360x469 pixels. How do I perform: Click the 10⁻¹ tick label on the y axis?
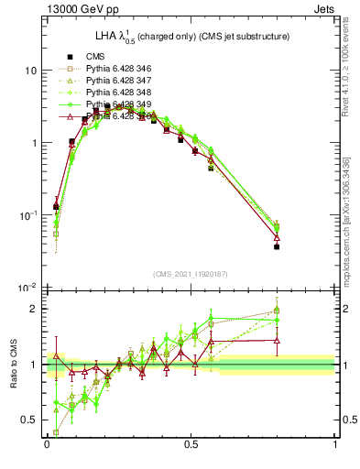coord(28,215)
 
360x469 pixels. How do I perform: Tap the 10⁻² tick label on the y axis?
coord(28,288)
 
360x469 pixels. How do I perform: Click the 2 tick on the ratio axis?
coord(34,309)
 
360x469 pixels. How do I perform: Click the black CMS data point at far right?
coord(277,247)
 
